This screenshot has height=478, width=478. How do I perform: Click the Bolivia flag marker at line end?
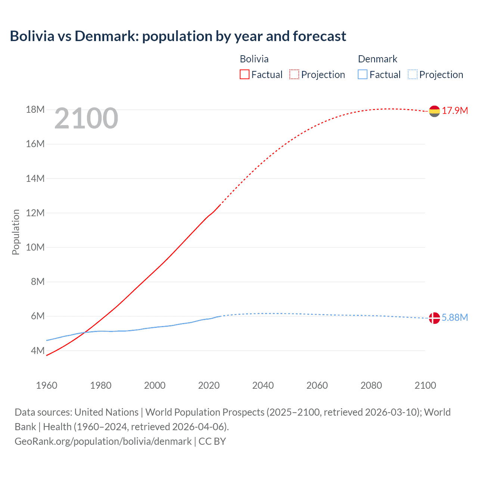(434, 111)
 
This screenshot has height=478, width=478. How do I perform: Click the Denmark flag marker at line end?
(434, 318)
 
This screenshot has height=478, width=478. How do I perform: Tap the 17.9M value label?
(455, 111)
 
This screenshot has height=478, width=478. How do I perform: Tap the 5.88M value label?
(455, 317)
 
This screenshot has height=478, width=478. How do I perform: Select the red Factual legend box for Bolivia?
(244, 75)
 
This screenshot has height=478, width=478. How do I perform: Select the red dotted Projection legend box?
(294, 75)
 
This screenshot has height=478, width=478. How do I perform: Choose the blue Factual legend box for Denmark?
(363, 75)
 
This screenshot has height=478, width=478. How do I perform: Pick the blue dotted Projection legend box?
(413, 75)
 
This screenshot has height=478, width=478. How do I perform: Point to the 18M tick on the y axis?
(35, 110)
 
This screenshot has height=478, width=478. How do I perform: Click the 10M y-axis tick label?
(35, 248)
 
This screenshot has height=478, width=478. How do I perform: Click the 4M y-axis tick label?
(37, 351)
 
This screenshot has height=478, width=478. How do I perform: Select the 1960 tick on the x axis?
(47, 385)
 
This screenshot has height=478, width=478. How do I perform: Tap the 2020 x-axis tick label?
(209, 385)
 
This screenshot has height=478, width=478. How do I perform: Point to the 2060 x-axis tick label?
(317, 385)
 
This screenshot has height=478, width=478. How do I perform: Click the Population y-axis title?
(16, 232)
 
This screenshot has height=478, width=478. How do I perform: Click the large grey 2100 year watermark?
(86, 119)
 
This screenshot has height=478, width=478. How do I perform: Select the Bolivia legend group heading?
(254, 59)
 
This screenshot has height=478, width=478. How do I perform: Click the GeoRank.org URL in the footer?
(103, 441)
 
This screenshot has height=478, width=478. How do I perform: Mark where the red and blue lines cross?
(85, 332)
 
